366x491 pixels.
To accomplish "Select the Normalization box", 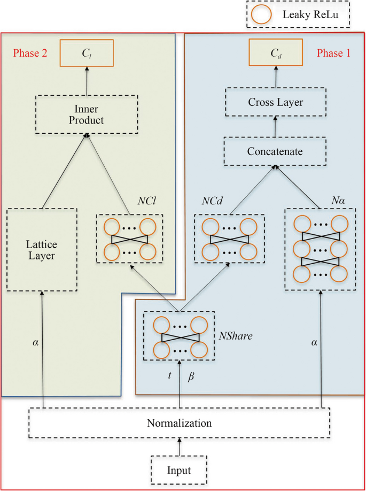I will coord(180,423).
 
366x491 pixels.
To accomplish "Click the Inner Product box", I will coord(87,114).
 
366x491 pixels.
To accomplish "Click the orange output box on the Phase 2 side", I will coord(87,53).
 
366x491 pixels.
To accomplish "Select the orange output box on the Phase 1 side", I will coord(276,53).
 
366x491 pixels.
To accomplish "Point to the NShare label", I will coord(235,337).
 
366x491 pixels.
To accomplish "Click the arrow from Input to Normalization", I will coord(180,447).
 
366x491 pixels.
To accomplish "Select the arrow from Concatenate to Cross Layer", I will coord(276,127).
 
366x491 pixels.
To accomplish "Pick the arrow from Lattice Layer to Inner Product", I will coord(64,171).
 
